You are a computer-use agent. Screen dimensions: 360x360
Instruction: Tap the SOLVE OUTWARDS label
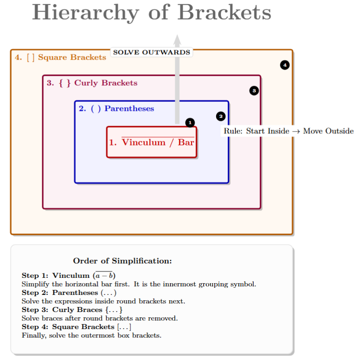(x=152, y=52)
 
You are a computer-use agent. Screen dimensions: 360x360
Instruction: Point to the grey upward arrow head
(x=178, y=40)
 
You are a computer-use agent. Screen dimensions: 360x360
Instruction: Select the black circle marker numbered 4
(x=285, y=65)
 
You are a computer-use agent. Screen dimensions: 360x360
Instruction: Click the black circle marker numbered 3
(x=254, y=91)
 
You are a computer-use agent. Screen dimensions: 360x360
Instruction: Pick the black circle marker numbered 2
(x=221, y=116)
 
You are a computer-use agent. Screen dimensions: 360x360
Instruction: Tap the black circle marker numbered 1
(x=190, y=123)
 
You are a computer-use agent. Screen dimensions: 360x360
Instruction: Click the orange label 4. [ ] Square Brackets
(x=60, y=57)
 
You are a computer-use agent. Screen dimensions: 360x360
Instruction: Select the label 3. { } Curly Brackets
(x=92, y=83)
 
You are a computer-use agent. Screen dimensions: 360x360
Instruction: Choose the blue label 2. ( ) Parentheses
(x=116, y=109)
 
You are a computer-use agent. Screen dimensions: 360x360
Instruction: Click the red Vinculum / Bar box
(x=152, y=142)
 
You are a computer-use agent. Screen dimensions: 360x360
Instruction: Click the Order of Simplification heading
(x=122, y=261)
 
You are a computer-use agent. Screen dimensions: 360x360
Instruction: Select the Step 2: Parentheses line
(x=69, y=293)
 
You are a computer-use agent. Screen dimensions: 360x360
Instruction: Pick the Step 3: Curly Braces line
(x=72, y=310)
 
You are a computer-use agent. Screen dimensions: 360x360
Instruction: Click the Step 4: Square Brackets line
(x=76, y=327)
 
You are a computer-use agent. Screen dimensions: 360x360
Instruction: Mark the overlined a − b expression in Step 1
(x=104, y=275)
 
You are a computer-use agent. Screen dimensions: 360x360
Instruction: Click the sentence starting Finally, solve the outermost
(x=91, y=335)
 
